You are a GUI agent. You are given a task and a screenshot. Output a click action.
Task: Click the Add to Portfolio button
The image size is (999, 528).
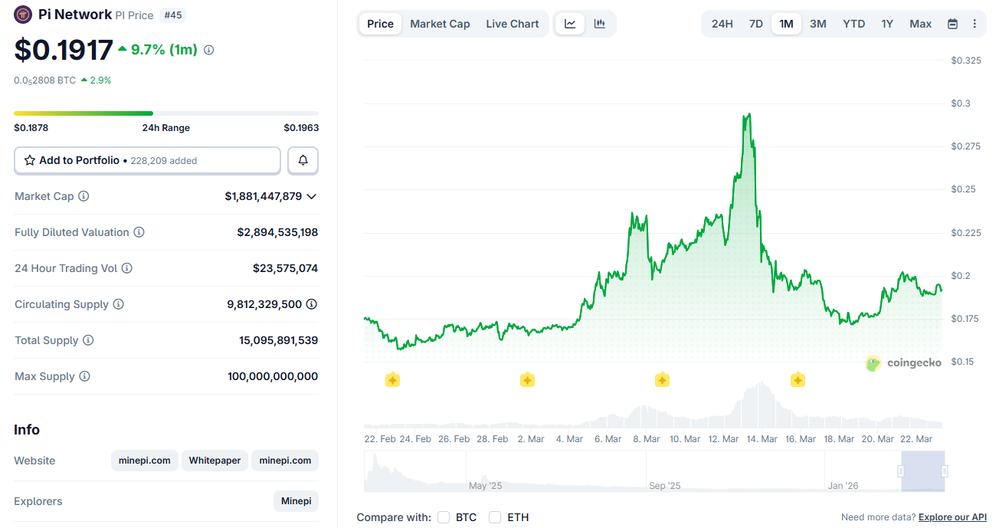(x=147, y=161)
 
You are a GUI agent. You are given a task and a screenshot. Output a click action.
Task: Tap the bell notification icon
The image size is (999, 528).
(x=303, y=161)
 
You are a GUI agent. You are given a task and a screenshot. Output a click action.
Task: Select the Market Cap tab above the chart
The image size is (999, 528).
(x=440, y=24)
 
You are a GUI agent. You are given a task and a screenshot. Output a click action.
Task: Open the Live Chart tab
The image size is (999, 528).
(x=512, y=24)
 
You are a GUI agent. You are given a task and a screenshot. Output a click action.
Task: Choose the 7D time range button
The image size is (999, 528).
(x=755, y=24)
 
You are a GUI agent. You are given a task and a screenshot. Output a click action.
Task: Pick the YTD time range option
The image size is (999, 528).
(x=853, y=24)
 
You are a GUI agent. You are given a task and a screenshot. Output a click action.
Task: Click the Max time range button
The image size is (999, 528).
(x=920, y=24)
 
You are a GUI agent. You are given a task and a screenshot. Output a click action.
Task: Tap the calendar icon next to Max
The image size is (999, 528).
(x=952, y=24)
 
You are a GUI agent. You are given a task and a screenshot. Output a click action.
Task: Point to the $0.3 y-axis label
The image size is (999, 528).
(x=961, y=103)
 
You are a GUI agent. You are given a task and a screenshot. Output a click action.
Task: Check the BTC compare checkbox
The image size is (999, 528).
(x=444, y=517)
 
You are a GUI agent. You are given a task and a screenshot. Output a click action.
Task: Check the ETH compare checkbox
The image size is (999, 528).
(x=495, y=517)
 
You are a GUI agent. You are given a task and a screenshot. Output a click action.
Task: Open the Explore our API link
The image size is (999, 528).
(x=952, y=517)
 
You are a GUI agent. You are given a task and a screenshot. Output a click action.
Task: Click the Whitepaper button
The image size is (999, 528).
(x=215, y=461)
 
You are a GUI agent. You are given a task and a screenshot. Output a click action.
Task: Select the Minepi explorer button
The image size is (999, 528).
(x=296, y=501)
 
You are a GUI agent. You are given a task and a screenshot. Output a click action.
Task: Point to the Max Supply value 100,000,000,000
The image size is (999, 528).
(x=273, y=376)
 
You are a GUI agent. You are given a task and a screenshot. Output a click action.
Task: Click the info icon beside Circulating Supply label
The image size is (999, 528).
(x=118, y=304)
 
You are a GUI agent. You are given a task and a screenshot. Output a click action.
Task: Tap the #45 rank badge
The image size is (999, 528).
(x=173, y=15)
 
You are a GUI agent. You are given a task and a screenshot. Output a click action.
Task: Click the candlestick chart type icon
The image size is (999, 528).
(x=599, y=24)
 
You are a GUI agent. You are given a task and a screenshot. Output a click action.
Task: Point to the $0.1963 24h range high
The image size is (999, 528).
(x=301, y=128)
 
